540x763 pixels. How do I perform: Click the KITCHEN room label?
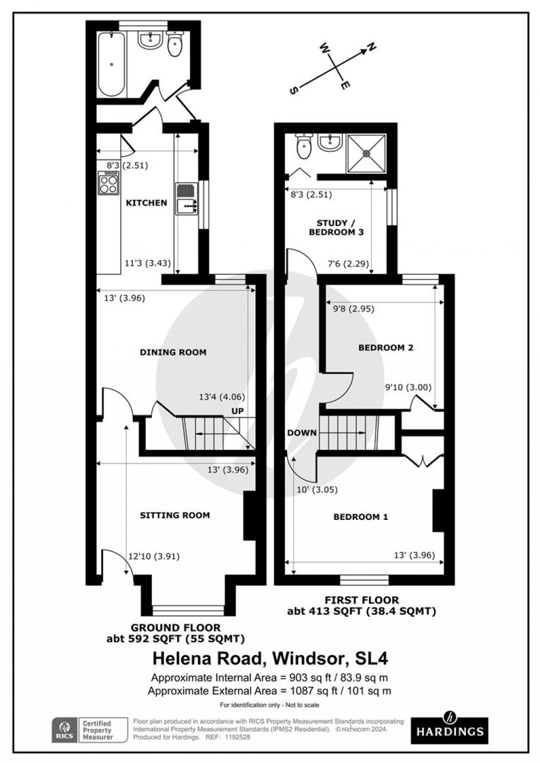click(146, 203)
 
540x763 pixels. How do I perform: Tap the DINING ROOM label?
click(173, 352)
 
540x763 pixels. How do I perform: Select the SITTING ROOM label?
click(175, 515)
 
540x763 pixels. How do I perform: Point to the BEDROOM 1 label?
click(361, 517)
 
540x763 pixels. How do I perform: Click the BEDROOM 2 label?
click(385, 348)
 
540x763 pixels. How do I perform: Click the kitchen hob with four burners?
click(108, 183)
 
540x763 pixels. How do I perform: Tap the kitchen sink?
click(186, 200)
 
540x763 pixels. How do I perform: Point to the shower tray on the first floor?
click(366, 153)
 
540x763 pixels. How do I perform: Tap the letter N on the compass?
click(372, 47)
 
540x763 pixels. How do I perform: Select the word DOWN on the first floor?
click(302, 433)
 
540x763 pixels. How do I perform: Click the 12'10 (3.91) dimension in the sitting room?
click(154, 556)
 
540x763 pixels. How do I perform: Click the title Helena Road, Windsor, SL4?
click(270, 659)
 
